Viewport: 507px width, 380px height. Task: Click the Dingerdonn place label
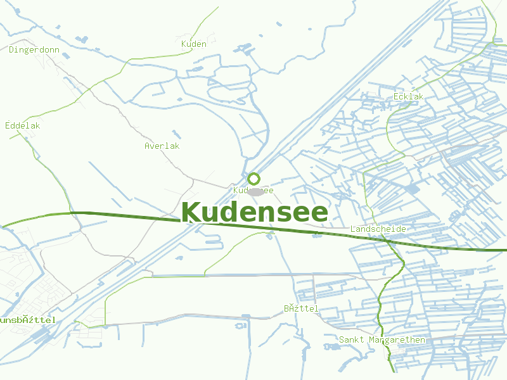click(x=34, y=49)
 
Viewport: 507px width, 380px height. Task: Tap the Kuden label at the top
click(x=193, y=44)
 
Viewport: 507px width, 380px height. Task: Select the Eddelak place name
click(x=23, y=125)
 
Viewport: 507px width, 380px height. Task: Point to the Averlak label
click(x=162, y=146)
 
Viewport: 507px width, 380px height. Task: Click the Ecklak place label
click(x=408, y=96)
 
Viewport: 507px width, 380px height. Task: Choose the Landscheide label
click(x=378, y=229)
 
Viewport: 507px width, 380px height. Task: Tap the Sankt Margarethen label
click(x=382, y=340)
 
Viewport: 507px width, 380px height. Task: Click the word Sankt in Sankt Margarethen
click(x=352, y=340)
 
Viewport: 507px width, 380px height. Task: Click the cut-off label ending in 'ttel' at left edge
click(x=28, y=320)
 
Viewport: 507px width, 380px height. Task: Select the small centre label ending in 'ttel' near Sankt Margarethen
click(x=301, y=308)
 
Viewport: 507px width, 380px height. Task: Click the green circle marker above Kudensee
click(x=253, y=179)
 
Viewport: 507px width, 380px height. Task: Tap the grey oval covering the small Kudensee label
click(x=256, y=191)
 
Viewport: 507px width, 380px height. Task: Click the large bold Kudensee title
click(x=255, y=213)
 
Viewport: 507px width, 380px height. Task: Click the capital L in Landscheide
click(x=353, y=229)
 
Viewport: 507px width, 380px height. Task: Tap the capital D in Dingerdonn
click(x=12, y=49)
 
